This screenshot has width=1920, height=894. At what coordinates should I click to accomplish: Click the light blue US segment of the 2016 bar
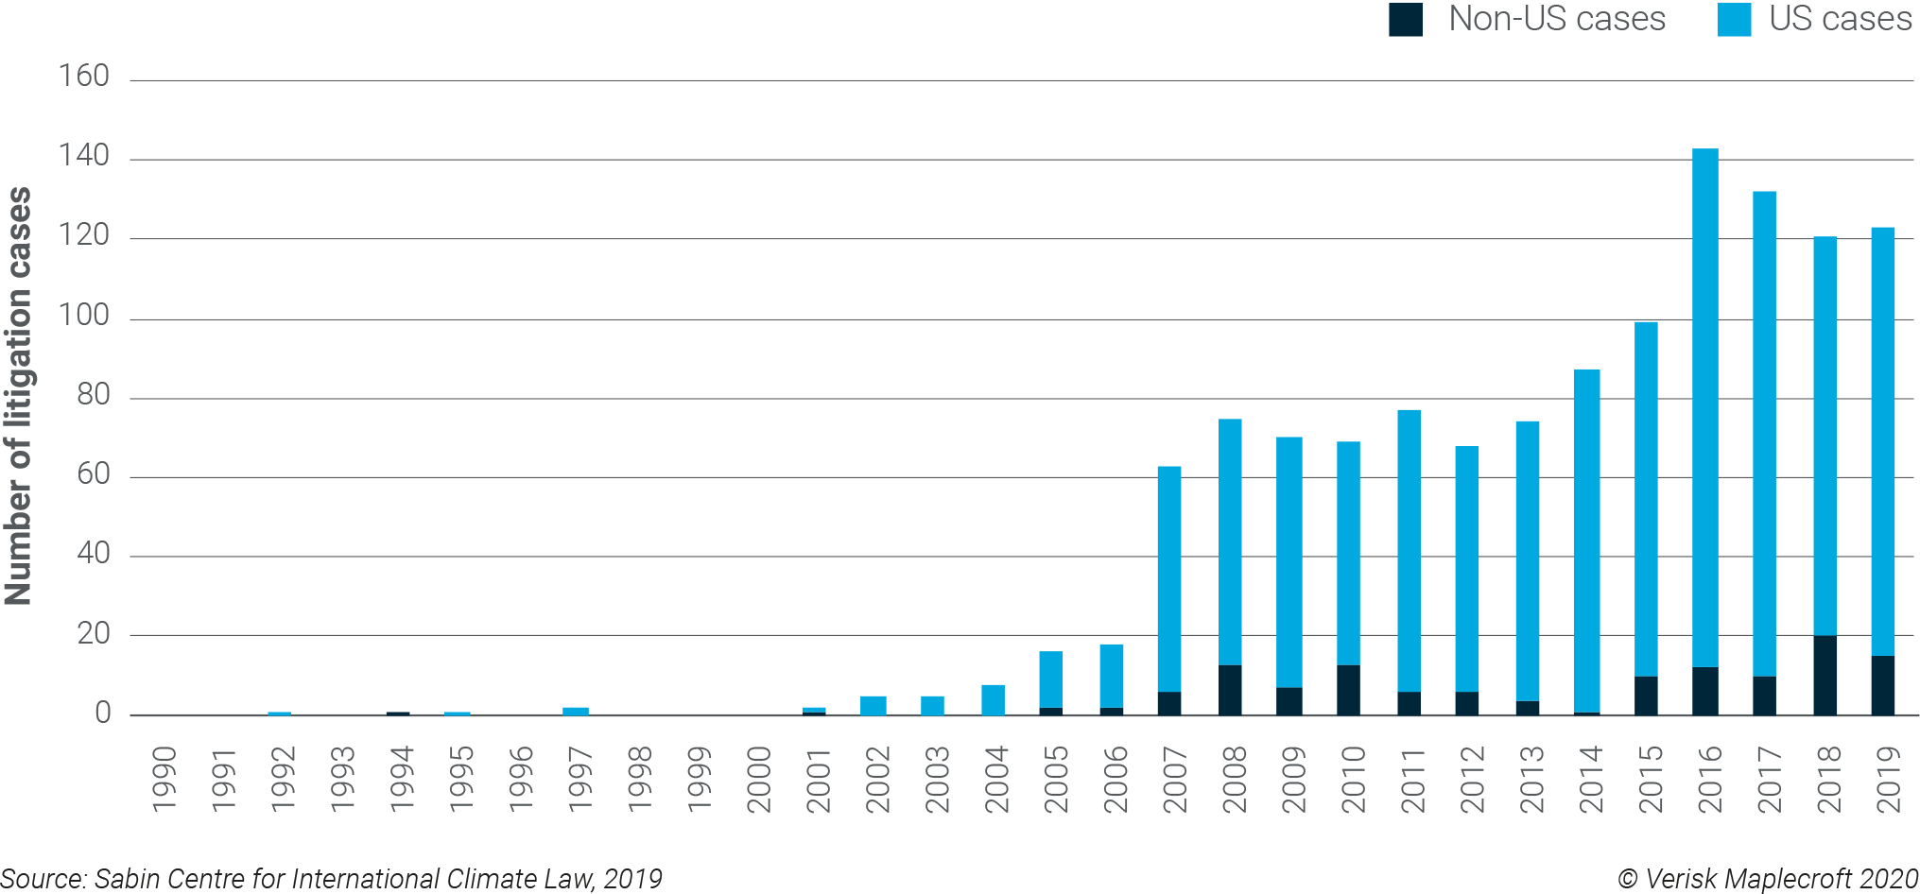coord(1704,406)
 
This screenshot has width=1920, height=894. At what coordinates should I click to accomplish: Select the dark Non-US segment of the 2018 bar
coord(1825,676)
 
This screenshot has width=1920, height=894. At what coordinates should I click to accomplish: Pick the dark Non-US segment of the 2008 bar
coord(1230,690)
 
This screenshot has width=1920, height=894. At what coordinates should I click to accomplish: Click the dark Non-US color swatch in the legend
coord(1405,20)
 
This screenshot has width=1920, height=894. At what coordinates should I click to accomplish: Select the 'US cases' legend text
coord(1840,19)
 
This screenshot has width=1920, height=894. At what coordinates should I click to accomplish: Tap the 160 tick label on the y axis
coord(84,76)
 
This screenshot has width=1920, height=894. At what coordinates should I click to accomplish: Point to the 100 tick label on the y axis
coord(84,315)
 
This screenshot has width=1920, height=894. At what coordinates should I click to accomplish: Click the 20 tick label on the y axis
coord(94,633)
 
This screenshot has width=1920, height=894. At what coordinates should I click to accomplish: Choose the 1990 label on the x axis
coord(164,779)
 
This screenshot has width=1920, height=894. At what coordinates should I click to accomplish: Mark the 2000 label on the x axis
coord(759,779)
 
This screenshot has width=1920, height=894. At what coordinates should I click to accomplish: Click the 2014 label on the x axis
coord(1591,779)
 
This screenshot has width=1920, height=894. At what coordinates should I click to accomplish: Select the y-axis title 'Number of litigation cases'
coord(19,396)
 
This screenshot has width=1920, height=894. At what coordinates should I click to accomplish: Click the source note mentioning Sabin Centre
coord(331,879)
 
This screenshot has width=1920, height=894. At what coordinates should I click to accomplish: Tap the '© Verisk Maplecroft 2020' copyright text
coord(1767,879)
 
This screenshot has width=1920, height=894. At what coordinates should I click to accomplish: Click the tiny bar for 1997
coord(575,711)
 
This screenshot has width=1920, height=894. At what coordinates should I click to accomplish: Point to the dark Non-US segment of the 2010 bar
coord(1348,690)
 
